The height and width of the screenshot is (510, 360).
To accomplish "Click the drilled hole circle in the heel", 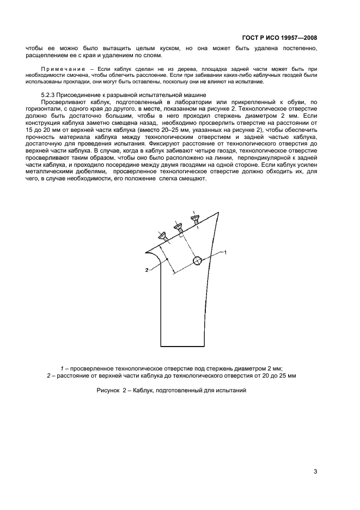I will click(x=197, y=261).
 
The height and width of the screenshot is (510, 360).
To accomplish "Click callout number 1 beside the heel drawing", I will click(x=225, y=252).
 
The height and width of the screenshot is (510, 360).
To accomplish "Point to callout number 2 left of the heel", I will click(x=147, y=270).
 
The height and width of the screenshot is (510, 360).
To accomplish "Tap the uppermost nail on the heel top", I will click(x=194, y=218).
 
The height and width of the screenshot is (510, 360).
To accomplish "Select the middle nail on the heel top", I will click(x=178, y=227).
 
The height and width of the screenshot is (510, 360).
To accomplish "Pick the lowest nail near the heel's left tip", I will click(x=162, y=236).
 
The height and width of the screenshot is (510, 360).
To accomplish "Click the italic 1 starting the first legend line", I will click(x=62, y=368).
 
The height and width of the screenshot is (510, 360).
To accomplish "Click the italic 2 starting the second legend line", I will click(x=48, y=375).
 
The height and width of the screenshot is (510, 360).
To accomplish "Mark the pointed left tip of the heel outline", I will click(x=145, y=252).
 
